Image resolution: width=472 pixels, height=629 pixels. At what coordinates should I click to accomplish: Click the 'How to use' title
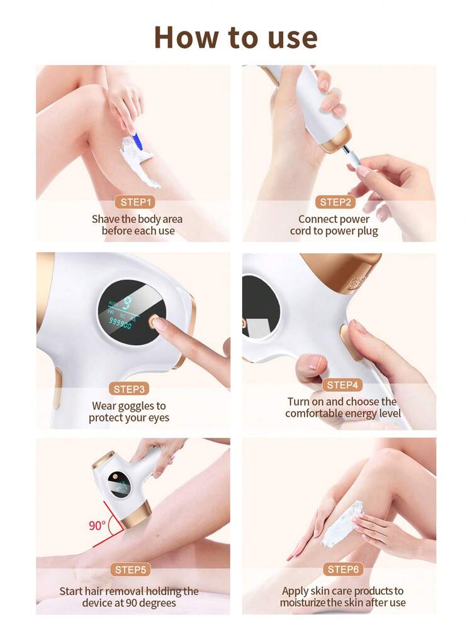coord(236,37)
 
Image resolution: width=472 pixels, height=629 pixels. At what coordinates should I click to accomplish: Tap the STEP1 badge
coord(135,202)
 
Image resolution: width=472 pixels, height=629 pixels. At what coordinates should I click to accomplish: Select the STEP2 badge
coord(335,202)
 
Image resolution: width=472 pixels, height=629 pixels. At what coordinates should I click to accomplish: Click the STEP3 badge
coord(129,389)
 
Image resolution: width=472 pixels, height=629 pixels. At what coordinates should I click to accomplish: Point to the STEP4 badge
coord(342,385)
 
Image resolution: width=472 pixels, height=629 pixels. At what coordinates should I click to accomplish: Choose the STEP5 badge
coord(130,570)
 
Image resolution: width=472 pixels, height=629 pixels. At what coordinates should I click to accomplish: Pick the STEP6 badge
coord(343,569)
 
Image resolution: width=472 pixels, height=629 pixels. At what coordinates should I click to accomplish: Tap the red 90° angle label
coord(97,525)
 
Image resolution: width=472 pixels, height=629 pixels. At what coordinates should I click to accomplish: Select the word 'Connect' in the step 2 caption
coord(312,219)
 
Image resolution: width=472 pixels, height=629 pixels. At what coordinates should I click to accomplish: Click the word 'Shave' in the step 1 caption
coord(105,219)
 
